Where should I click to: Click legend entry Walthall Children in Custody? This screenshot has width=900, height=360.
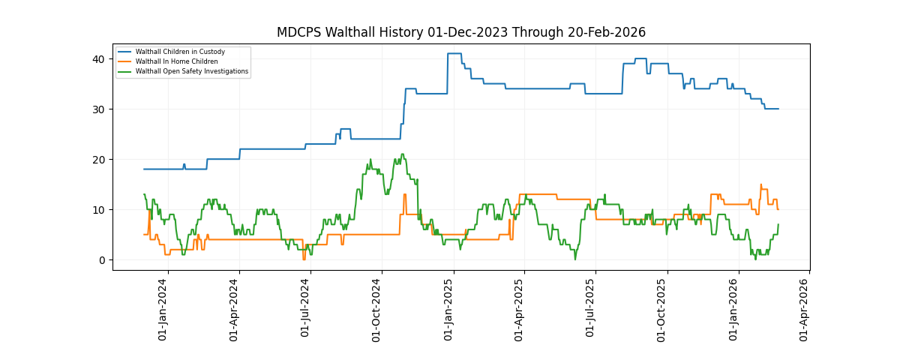[x=180, y=52]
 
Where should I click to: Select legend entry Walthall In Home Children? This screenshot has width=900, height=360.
[x=176, y=61]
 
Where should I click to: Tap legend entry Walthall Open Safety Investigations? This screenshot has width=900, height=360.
[x=191, y=71]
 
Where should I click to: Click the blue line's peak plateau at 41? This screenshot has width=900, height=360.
[x=454, y=53]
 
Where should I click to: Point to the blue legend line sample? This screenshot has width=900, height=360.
[x=124, y=52]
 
